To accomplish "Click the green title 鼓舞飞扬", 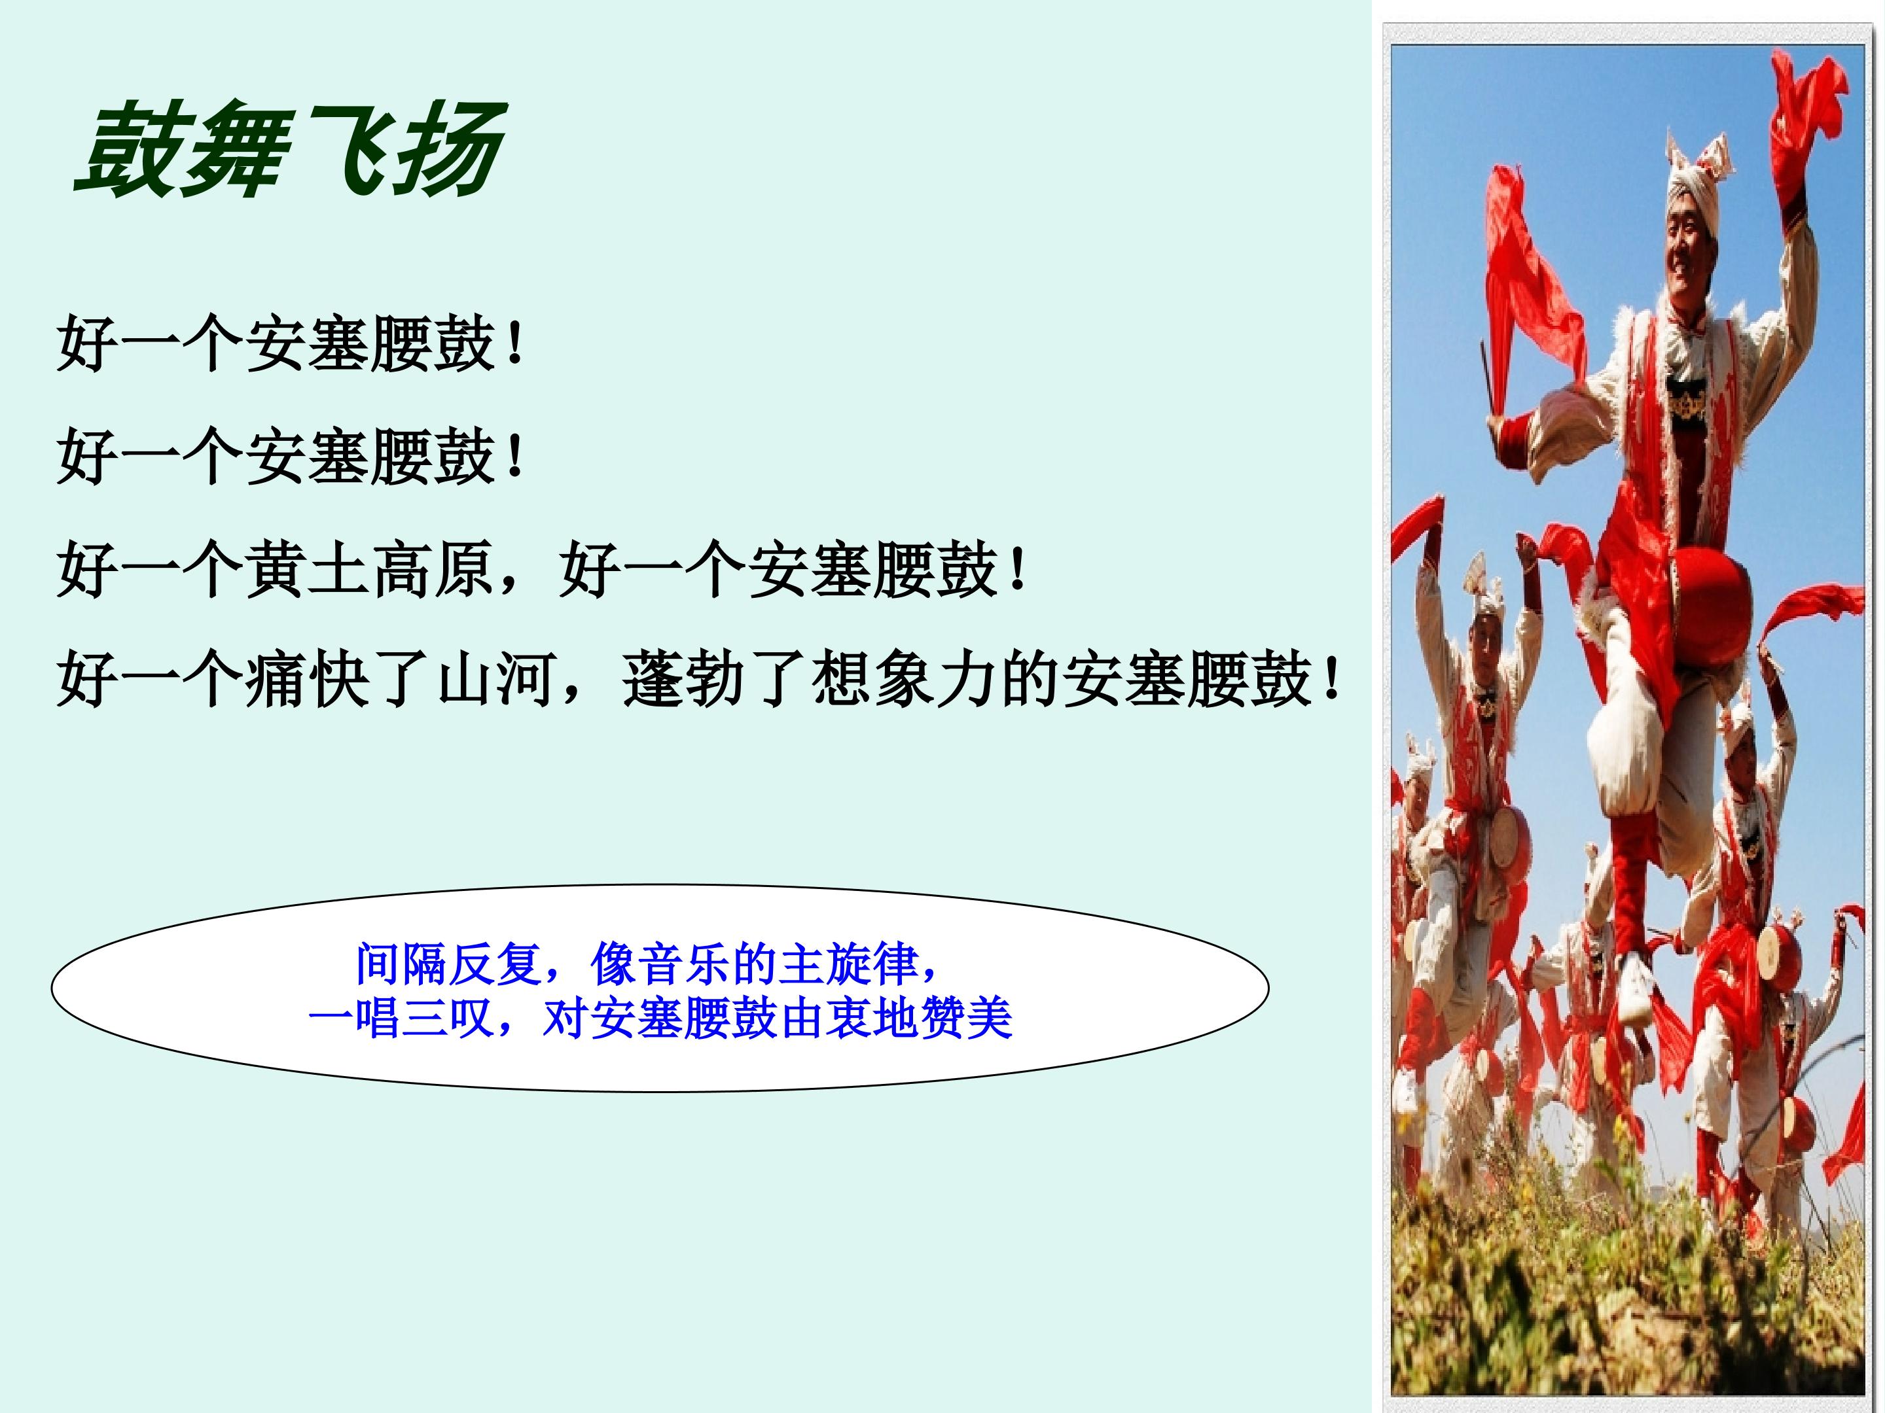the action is coord(291,150).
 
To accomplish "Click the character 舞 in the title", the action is coord(232,150).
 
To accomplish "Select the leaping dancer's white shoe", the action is coord(1637,988).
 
